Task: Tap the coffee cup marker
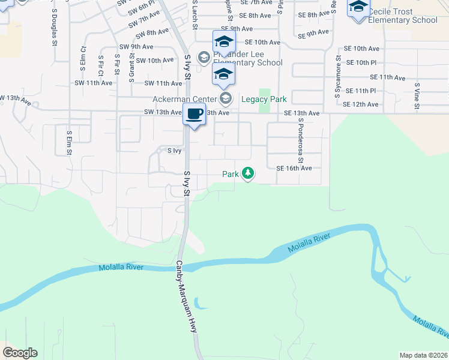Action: pyautogui.click(x=194, y=114)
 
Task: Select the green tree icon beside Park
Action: pyautogui.click(x=247, y=174)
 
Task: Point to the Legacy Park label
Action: pyautogui.click(x=264, y=99)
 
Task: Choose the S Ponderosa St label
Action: pyautogui.click(x=301, y=144)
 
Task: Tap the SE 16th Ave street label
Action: pyautogui.click(x=294, y=169)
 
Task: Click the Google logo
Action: pyautogui.click(x=20, y=353)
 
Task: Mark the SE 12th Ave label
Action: pyautogui.click(x=365, y=104)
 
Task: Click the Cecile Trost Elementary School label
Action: pyautogui.click(x=402, y=16)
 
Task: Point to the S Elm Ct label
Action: pyautogui.click(x=83, y=56)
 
